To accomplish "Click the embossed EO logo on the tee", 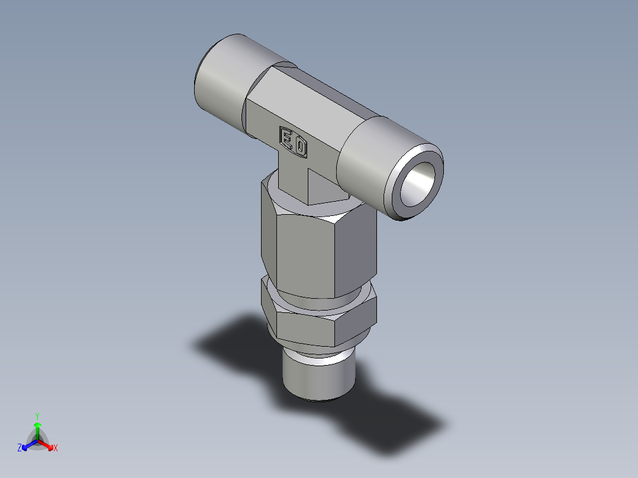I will tap(294, 143).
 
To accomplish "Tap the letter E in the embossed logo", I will tap(287, 139).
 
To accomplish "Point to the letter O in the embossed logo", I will tap(300, 147).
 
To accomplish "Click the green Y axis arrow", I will tap(37, 427).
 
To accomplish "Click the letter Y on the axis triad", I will tap(37, 416).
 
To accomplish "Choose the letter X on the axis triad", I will tap(56, 448).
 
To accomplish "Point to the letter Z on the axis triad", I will tap(20, 448).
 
